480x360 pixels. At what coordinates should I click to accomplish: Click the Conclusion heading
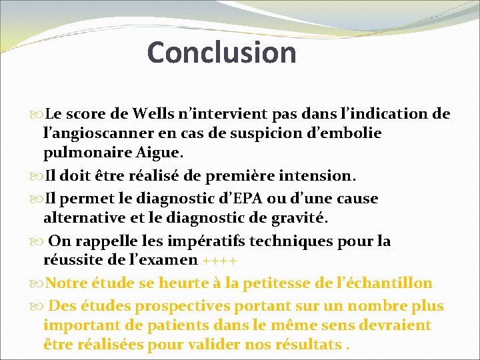221,53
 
